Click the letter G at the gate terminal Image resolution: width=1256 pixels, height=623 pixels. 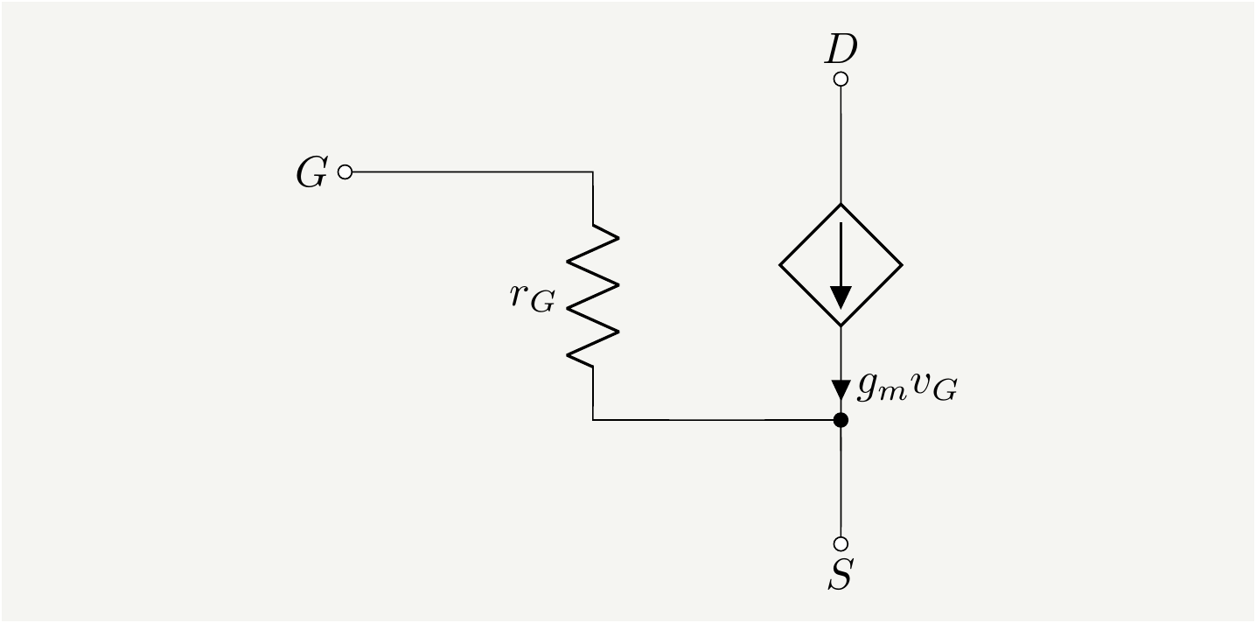coord(311,173)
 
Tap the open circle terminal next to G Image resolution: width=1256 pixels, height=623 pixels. coord(345,172)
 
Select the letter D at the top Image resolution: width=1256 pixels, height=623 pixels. coord(841,51)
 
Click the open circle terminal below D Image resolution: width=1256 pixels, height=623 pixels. coord(841,80)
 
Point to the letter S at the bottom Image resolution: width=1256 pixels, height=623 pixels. coord(841,575)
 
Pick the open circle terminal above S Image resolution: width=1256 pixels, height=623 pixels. coord(841,543)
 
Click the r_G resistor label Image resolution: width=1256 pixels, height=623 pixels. coord(532,297)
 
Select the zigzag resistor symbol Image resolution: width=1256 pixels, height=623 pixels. coord(593,296)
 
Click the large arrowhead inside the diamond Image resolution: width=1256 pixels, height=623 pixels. coord(841,297)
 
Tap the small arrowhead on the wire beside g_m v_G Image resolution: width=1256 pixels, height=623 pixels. coord(841,388)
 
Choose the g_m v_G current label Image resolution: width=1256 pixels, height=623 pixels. coord(906,387)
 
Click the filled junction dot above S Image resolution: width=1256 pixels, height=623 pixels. coord(841,420)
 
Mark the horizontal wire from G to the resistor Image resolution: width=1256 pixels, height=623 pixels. coord(472,172)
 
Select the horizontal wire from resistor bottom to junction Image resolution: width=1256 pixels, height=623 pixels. coord(717,420)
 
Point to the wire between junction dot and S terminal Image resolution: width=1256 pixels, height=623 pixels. coord(841,481)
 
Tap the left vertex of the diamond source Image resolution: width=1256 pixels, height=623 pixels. coord(781,264)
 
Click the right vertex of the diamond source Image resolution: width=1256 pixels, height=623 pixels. coord(901,264)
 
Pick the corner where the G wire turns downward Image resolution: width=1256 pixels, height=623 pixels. coord(593,172)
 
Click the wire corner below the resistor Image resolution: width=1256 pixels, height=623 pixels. coord(593,420)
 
